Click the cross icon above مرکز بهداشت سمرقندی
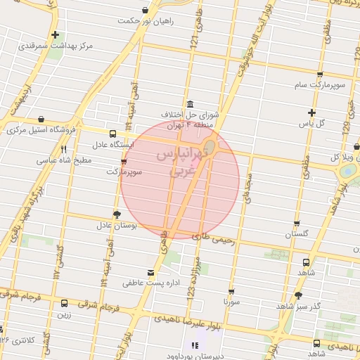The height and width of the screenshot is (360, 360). pyautogui.click(x=55, y=34)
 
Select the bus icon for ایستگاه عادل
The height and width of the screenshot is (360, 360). pyautogui.click(x=113, y=134)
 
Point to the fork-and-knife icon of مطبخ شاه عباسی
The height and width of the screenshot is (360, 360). pyautogui.click(x=64, y=149)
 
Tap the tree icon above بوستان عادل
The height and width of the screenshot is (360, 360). pyautogui.click(x=116, y=214)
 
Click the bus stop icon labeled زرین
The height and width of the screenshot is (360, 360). pyautogui.click(x=65, y=304)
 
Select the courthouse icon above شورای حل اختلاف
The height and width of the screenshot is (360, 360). pyautogui.click(x=190, y=103)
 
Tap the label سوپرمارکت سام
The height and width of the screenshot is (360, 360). pyautogui.click(x=321, y=85)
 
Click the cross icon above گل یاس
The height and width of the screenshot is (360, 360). pyautogui.click(x=311, y=112)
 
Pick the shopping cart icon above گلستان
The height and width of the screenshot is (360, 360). pyautogui.click(x=296, y=222)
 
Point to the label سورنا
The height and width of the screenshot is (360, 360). pyautogui.click(x=231, y=301)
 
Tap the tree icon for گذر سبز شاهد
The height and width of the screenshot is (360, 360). pyautogui.click(x=298, y=296)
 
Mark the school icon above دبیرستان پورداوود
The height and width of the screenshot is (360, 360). pyautogui.click(x=195, y=345)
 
